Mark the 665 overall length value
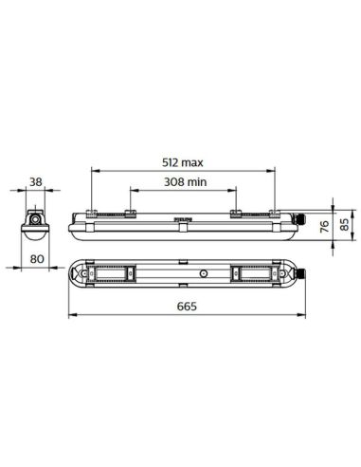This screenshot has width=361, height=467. pos(186,306)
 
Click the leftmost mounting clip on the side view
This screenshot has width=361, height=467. pos(91,214)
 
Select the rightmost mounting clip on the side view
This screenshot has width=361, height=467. pos(274,214)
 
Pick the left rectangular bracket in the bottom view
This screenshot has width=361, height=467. pos(120,273)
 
